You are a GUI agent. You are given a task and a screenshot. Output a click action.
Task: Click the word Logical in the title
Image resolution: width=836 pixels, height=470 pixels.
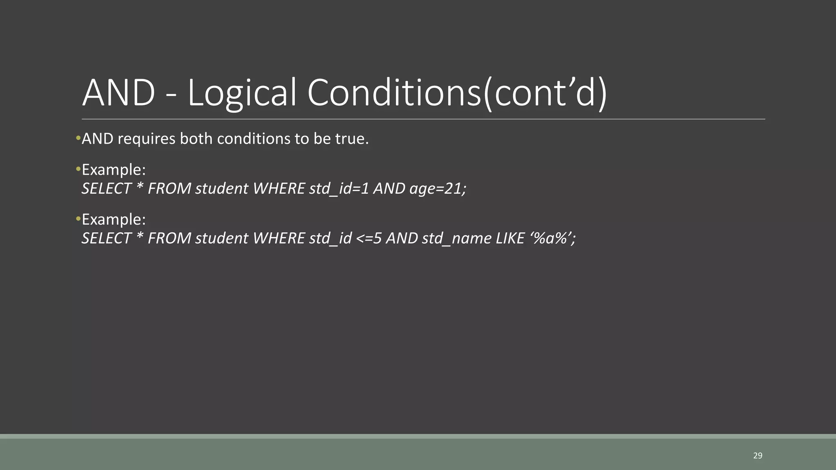241,93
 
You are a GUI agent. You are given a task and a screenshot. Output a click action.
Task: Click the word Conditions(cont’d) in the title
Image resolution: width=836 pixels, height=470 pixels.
457,93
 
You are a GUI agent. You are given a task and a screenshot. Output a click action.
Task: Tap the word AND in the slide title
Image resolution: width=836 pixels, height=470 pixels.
118,93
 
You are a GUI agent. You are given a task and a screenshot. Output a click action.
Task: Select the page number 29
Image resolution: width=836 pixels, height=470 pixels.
758,456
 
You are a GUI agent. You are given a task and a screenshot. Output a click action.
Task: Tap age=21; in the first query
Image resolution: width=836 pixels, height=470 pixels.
438,189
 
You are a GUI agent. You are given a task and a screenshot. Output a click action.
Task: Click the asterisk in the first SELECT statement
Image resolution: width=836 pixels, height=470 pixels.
140,188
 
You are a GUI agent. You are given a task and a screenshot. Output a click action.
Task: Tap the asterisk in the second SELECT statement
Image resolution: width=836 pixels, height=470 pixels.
140,238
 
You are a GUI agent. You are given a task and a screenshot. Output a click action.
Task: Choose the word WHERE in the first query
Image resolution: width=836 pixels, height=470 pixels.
279,189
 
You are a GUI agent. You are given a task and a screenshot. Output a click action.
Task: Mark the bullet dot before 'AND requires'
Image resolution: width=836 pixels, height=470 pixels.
78,139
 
